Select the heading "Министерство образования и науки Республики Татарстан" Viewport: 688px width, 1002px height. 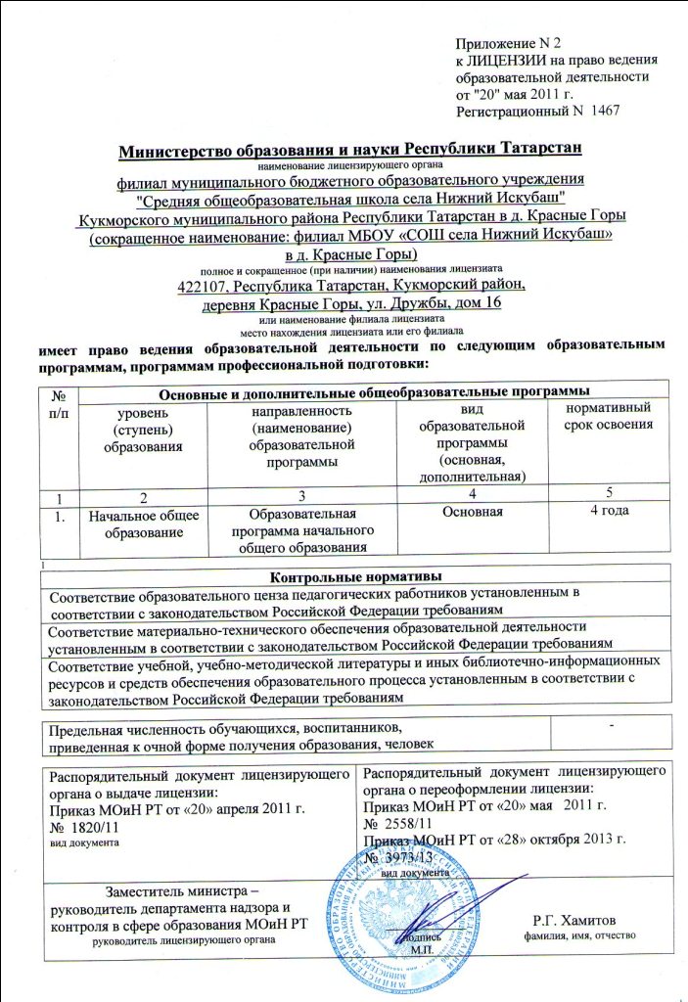point(349,150)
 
